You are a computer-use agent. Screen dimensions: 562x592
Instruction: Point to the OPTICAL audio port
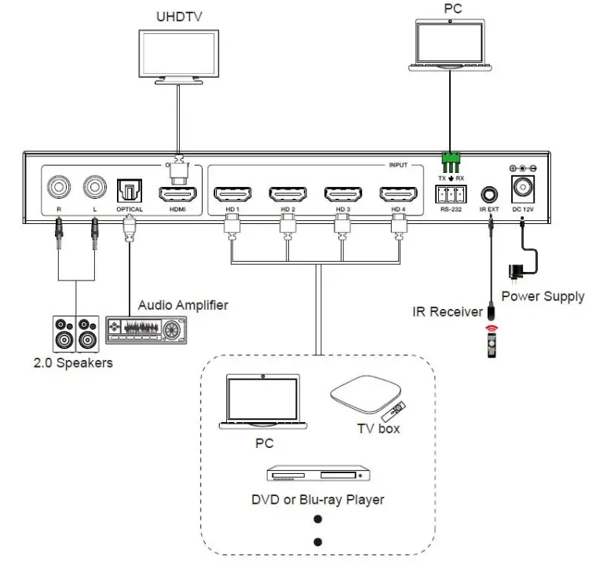(129, 190)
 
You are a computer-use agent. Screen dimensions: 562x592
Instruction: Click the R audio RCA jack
(59, 188)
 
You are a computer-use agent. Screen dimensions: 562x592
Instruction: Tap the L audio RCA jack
(95, 188)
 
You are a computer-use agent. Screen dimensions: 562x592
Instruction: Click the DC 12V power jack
(523, 188)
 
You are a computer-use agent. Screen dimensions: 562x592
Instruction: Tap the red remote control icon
(491, 338)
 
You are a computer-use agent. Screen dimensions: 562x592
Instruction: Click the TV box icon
(366, 398)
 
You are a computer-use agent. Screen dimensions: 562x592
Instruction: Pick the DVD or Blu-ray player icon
(318, 476)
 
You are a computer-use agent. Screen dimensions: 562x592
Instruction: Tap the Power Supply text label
(543, 296)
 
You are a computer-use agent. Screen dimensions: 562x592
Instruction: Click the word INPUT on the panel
(397, 166)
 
